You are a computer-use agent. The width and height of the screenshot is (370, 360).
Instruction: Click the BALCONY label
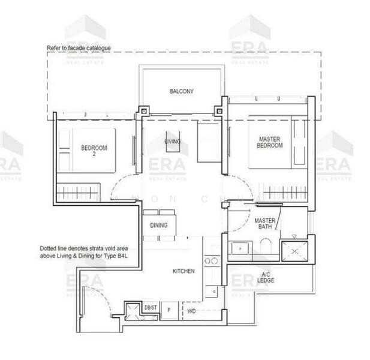click(181, 91)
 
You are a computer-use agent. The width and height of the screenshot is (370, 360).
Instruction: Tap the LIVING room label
click(173, 142)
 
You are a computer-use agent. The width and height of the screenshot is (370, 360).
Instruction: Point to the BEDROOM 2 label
click(94, 151)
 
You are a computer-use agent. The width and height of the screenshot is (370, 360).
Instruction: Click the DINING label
click(159, 226)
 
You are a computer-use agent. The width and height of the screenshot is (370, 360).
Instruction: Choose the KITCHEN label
click(184, 271)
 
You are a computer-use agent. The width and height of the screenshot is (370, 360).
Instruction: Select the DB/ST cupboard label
click(151, 308)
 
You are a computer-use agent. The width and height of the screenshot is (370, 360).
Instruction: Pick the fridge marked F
click(169, 311)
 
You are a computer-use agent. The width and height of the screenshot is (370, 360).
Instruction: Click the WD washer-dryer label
click(192, 311)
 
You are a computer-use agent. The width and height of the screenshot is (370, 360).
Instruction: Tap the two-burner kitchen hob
click(210, 260)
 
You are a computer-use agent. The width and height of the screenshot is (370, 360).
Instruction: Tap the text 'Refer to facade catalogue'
click(79, 47)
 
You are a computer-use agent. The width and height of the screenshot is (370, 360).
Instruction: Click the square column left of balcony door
click(144, 111)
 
